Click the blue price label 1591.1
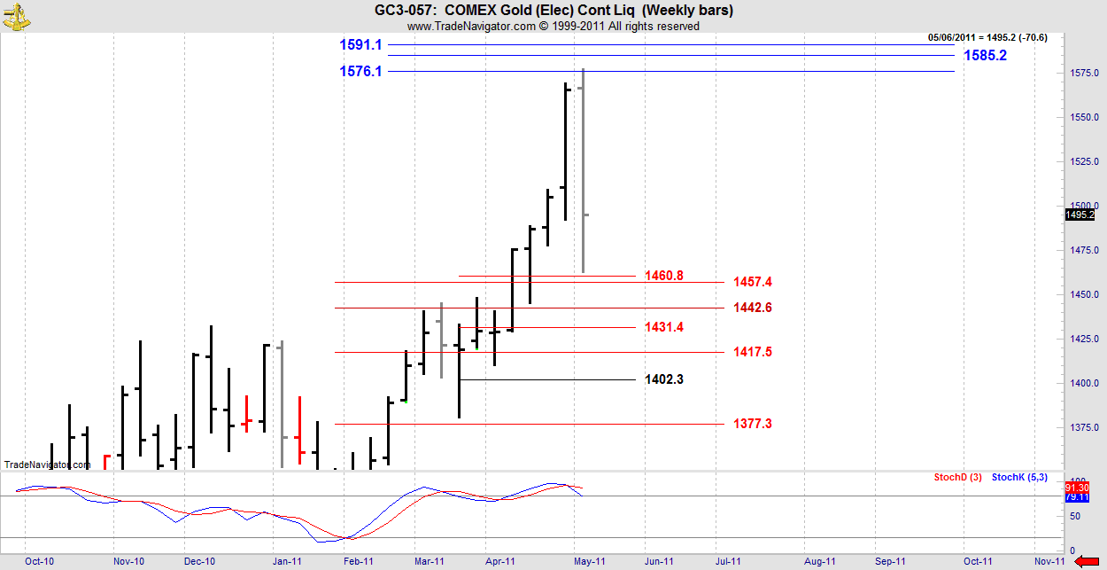pos(360,44)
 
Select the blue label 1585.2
pos(985,55)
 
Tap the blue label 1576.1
pos(360,71)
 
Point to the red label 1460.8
pos(663,276)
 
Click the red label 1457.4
pos(753,282)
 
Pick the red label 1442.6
pos(753,308)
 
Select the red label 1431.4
pos(663,327)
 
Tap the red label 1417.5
pos(753,352)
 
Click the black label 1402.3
pos(663,379)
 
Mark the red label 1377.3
pos(753,424)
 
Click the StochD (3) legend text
pos(957,478)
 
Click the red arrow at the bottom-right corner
pos(1095,560)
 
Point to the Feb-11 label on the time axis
pos(358,561)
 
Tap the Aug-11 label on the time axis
pos(820,561)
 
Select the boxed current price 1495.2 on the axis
pos(1080,215)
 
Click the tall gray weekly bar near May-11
pos(583,168)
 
